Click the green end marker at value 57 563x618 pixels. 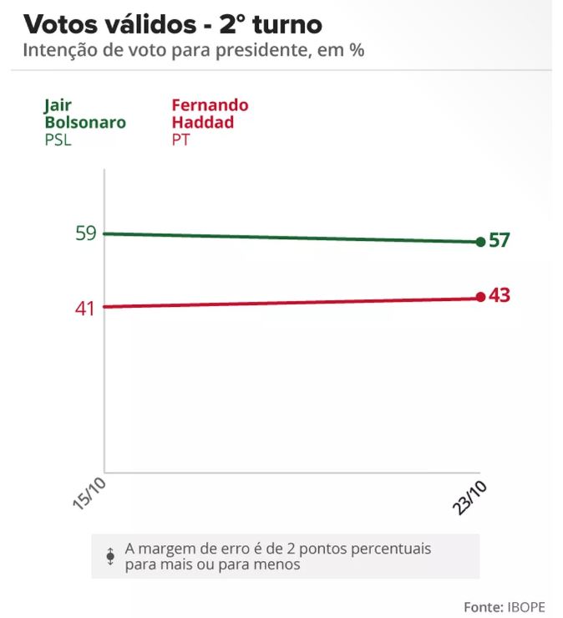pyautogui.click(x=480, y=242)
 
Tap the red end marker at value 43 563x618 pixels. pyautogui.click(x=480, y=297)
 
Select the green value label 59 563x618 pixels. pyautogui.click(x=86, y=233)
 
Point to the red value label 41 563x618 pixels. pyautogui.click(x=85, y=308)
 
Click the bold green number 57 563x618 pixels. pyautogui.click(x=499, y=241)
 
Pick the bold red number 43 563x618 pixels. pyautogui.click(x=499, y=295)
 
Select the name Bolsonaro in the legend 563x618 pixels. pyautogui.click(x=84, y=122)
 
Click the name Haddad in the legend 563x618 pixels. pyautogui.click(x=197, y=122)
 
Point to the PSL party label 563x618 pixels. pyautogui.click(x=58, y=140)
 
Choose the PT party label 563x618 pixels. pyautogui.click(x=180, y=140)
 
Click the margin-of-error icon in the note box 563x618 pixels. pyautogui.click(x=110, y=556)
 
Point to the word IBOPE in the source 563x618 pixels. pyautogui.click(x=529, y=605)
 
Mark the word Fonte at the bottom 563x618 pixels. pyautogui.click(x=483, y=605)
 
